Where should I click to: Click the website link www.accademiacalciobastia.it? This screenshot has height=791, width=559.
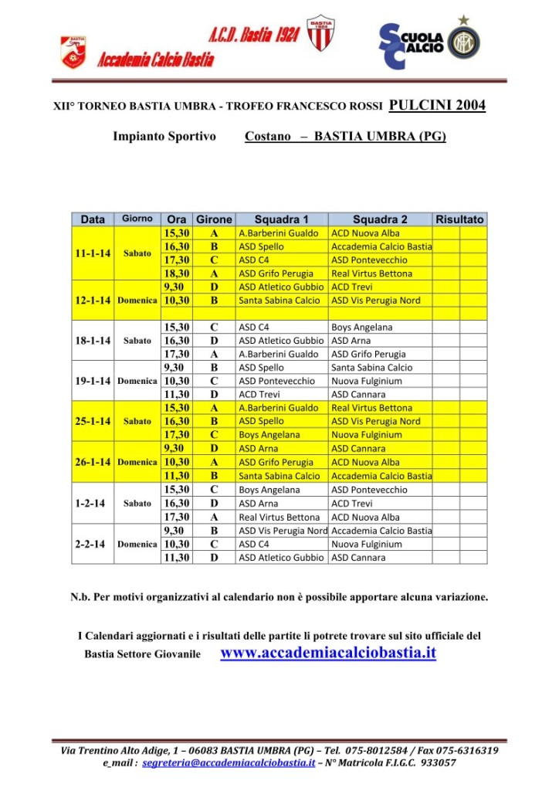pyautogui.click(x=328, y=654)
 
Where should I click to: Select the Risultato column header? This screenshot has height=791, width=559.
pyautogui.click(x=459, y=219)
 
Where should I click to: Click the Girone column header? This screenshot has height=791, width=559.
pyautogui.click(x=214, y=219)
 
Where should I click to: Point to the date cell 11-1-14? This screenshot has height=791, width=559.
pyautogui.click(x=92, y=253)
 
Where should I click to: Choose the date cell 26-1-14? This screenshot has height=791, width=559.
pyautogui.click(x=92, y=462)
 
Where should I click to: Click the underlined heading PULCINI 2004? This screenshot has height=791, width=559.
pyautogui.click(x=437, y=106)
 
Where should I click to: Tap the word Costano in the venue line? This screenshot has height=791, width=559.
pyautogui.click(x=268, y=137)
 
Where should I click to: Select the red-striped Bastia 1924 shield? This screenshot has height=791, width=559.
pyautogui.click(x=320, y=34)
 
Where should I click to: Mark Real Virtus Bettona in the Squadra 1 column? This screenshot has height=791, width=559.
pyautogui.click(x=279, y=517)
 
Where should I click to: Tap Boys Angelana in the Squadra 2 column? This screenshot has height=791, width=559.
pyautogui.click(x=361, y=327)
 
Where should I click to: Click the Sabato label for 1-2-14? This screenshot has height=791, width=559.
pyautogui.click(x=137, y=504)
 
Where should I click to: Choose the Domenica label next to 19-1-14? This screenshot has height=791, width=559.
pyautogui.click(x=137, y=382)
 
